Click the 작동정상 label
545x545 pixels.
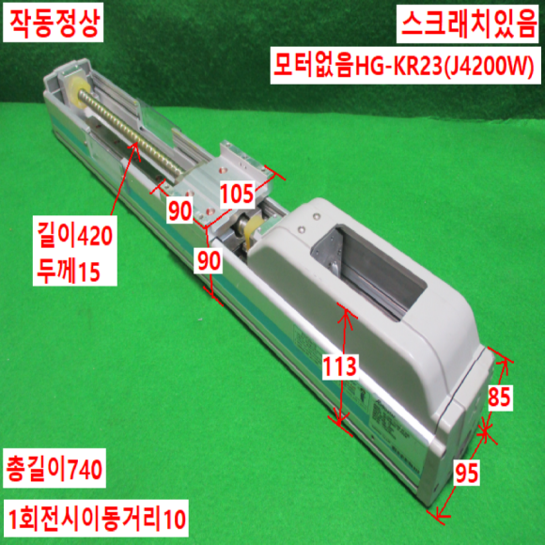54,22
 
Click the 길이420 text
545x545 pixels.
75,235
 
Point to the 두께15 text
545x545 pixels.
69,270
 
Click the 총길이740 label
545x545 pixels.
54,469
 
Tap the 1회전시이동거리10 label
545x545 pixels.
96,519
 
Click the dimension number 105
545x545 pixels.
238,194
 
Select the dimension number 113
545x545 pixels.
340,367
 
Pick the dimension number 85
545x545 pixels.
499,397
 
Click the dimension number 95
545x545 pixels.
467,473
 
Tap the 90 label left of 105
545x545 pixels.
179,210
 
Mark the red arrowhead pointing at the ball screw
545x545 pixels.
134,149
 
